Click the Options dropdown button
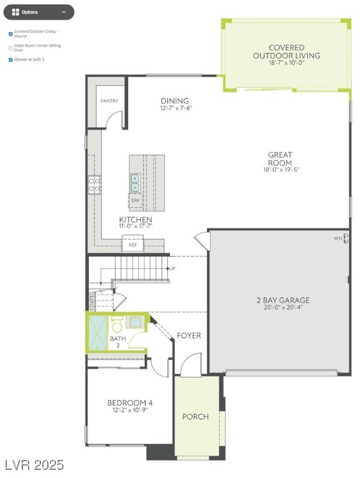click(x=38, y=12)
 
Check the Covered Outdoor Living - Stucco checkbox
click(x=11, y=34)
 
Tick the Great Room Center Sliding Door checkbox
click(x=11, y=48)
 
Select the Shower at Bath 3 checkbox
click(x=11, y=60)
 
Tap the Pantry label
click(x=109, y=101)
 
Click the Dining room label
click(x=175, y=101)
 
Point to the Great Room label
click(x=280, y=159)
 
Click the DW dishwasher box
click(x=135, y=201)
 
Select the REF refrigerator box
click(x=132, y=245)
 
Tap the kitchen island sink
click(x=135, y=182)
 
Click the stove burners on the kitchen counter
click(x=95, y=184)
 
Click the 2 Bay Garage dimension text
click(x=283, y=307)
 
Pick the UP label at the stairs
click(x=172, y=268)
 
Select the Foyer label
click(x=189, y=335)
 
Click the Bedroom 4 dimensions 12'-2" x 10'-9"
click(x=129, y=410)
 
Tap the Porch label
click(x=195, y=416)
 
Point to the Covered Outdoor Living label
click(x=287, y=52)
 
